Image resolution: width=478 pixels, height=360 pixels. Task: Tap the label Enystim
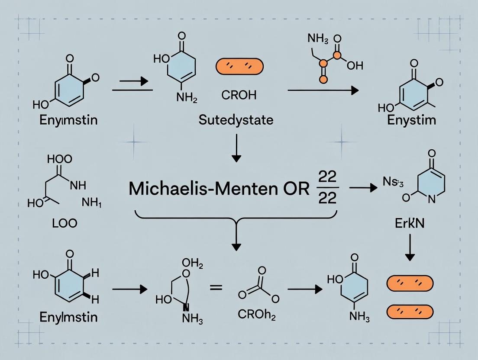[x=411, y=120]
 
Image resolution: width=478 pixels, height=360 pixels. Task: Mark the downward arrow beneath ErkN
[x=410, y=250]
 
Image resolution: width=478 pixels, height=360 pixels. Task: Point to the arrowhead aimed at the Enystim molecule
[x=355, y=90]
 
